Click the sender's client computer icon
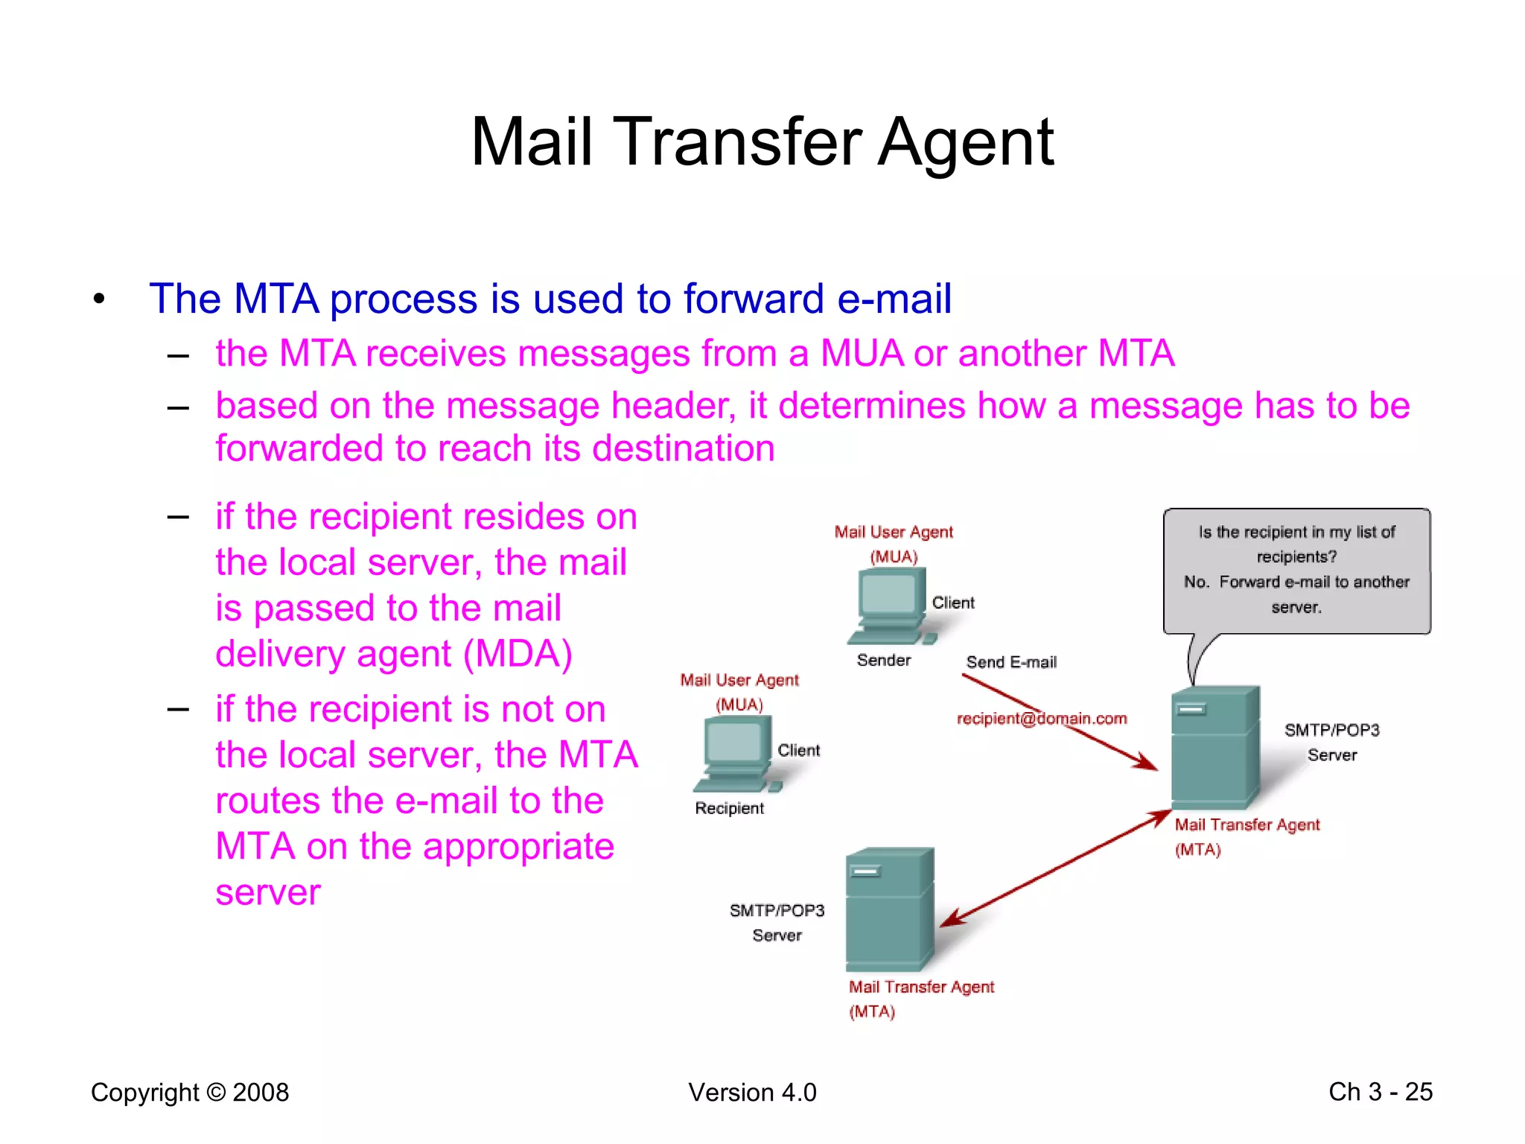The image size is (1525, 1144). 891,606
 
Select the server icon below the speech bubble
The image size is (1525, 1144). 1214,747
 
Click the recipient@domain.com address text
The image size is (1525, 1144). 1041,719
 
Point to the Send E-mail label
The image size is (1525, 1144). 1010,662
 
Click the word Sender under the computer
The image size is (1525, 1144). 883,660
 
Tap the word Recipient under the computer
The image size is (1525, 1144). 729,808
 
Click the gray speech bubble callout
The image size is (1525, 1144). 1296,571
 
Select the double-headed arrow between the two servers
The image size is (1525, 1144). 1055,869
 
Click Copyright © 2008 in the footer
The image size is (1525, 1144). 189,1092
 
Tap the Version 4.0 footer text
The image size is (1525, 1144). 752,1092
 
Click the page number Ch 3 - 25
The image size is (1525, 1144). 1380,1091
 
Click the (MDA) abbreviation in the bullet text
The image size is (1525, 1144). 518,654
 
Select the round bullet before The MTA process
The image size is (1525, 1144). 99,299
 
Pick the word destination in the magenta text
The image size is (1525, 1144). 683,449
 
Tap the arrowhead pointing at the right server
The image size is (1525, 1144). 1147,763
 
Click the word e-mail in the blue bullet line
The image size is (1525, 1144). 894,299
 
